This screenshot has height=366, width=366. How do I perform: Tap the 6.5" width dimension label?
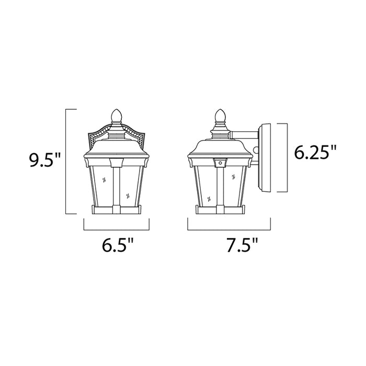click(117, 246)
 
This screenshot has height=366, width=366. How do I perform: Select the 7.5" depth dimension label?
click(229, 246)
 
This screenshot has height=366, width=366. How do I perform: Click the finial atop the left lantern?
click(117, 115)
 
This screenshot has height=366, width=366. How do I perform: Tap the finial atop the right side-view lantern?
click(220, 115)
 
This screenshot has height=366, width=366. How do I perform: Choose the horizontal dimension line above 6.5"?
click(117, 230)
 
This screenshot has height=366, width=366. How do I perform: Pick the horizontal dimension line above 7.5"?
click(229, 230)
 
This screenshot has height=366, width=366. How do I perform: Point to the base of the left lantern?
click(117, 210)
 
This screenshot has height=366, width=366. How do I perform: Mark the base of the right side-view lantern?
click(220, 210)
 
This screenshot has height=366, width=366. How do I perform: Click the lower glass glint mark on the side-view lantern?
click(209, 198)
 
